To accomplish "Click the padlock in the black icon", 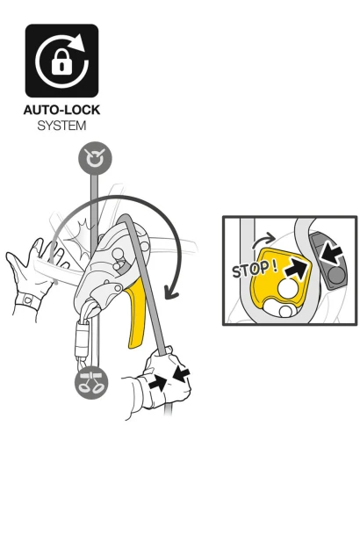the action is pos(61,61).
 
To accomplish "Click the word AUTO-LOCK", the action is pos(61,110).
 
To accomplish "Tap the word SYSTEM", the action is pos(61,126).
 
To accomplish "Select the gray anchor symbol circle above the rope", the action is pos(95,158).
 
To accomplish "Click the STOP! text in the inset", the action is pos(255,269).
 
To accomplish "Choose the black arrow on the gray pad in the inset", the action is pos(330,255).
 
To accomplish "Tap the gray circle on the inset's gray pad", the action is pos(335,276).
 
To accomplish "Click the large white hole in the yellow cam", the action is pos(288,288).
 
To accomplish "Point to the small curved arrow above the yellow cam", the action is pos(263,241).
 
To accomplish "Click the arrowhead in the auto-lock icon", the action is pos(80,42).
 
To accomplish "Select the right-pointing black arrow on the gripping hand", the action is pos(157,383).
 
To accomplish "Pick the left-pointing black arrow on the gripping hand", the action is pos(182,374).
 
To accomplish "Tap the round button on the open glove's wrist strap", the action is pos(27,299).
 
